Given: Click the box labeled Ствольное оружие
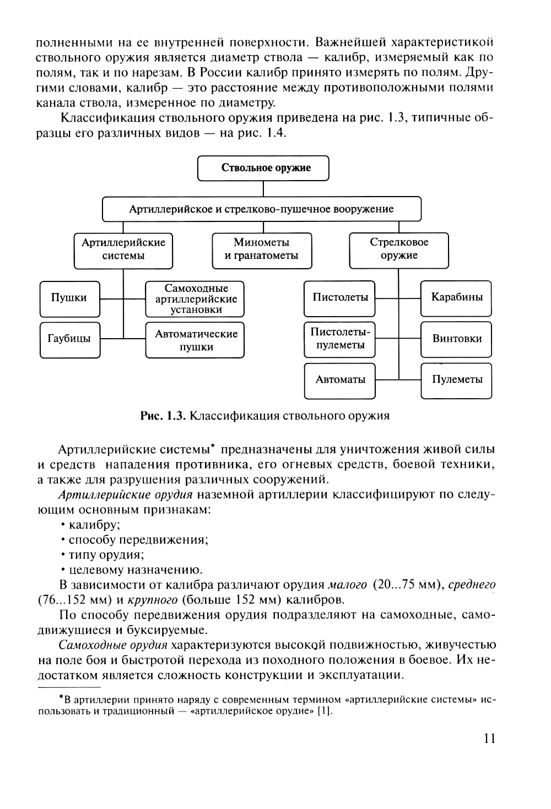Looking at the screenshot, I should click(x=263, y=168).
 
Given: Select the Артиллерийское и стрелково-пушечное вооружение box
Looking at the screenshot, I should click(x=262, y=209).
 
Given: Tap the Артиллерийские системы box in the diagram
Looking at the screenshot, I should click(x=123, y=249).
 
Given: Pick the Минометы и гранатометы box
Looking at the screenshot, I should click(x=262, y=249).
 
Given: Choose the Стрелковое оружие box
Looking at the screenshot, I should click(x=399, y=249).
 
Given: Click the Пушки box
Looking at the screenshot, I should click(x=69, y=298).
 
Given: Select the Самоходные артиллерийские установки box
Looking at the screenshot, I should click(x=195, y=299).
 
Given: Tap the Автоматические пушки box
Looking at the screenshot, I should click(x=195, y=340).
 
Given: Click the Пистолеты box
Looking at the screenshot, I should click(x=340, y=298).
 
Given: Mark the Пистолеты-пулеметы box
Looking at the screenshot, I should click(x=340, y=339).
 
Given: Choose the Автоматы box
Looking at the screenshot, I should click(x=340, y=380).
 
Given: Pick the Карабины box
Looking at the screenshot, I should click(x=456, y=298).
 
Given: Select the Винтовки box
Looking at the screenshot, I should click(x=456, y=339).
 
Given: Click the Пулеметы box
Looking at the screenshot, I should click(x=456, y=380).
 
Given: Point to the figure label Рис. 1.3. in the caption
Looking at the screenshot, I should click(x=163, y=416).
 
